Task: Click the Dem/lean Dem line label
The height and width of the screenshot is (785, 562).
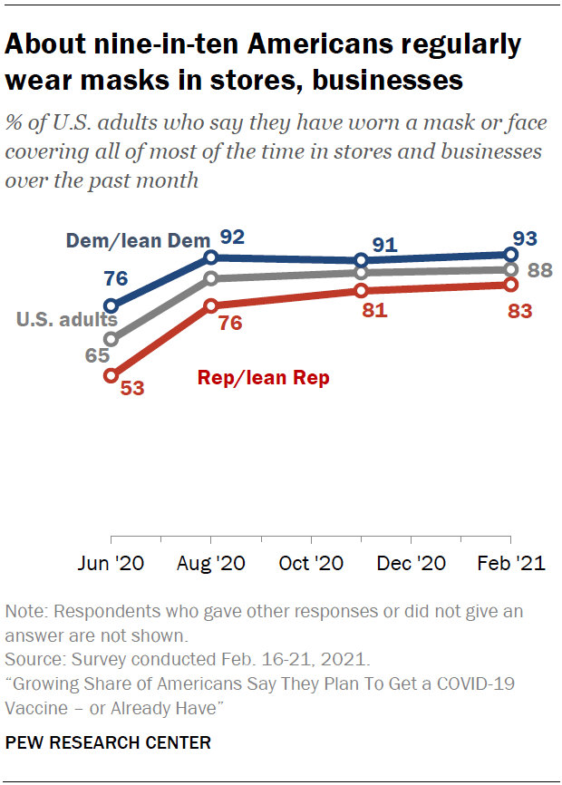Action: pos(138,240)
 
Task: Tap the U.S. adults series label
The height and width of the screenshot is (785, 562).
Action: pos(67,319)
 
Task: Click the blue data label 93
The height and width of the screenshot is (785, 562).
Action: pos(524,239)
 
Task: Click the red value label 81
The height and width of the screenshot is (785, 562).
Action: pos(373,311)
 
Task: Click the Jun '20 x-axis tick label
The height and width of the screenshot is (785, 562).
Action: pos(111,563)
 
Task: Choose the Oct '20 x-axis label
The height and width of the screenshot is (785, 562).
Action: pos(311,563)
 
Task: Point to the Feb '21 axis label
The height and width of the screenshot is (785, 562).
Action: pos(510,563)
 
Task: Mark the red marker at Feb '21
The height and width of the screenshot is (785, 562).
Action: pos(510,285)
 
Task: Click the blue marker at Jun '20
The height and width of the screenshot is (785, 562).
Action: pos(111,305)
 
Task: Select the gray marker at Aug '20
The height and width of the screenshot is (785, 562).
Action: pos(211,278)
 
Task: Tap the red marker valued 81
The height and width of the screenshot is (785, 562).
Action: pos(361,291)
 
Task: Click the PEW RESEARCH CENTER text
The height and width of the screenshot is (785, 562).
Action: pos(109,742)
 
